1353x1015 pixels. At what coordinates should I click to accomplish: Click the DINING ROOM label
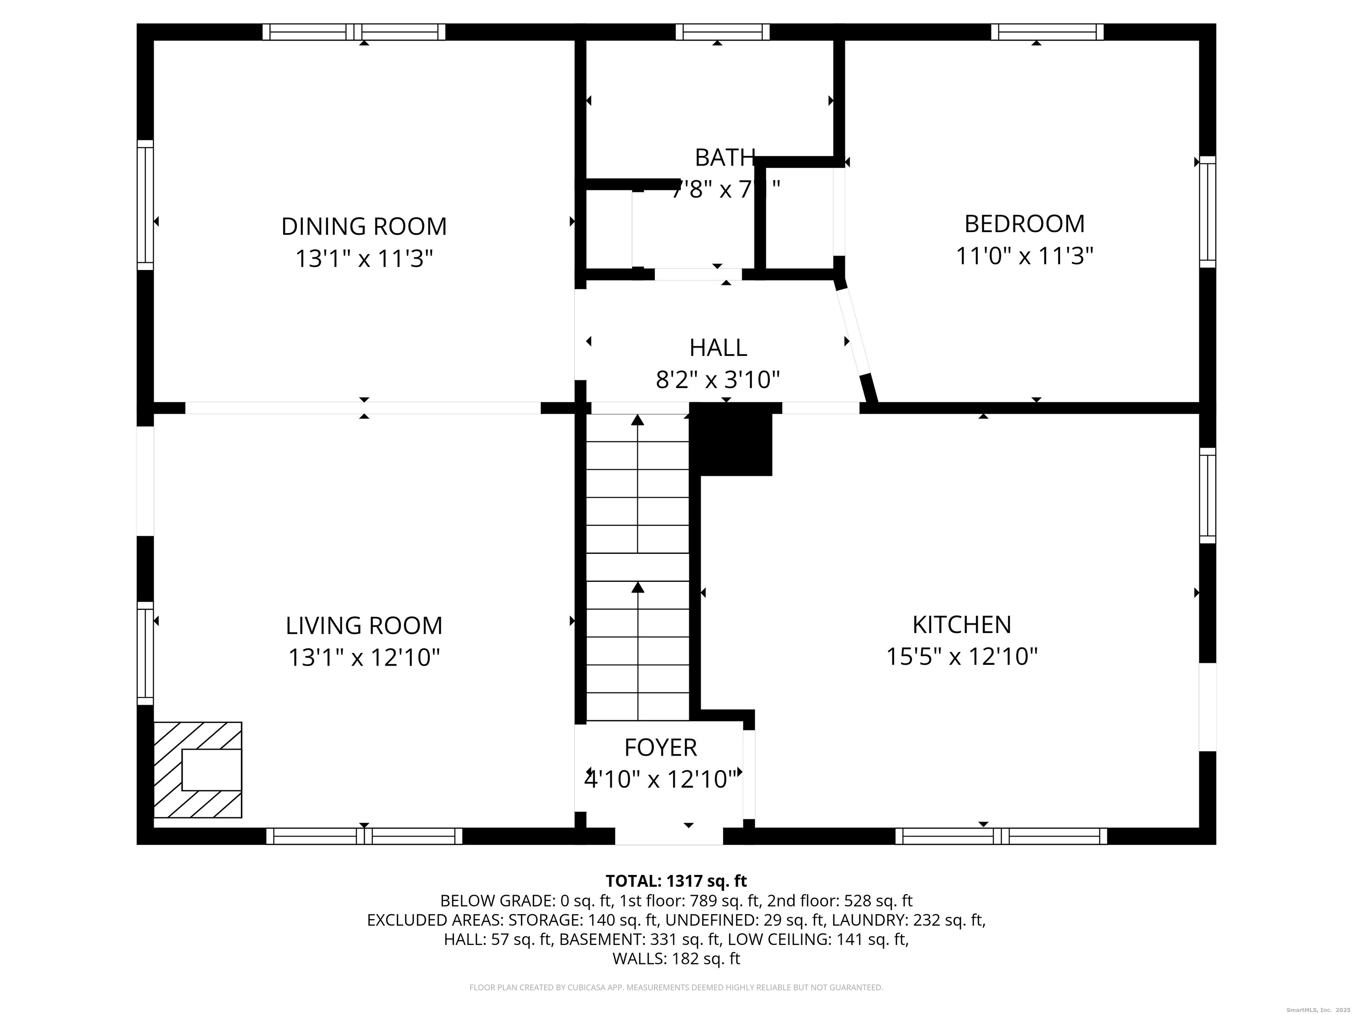coord(364,226)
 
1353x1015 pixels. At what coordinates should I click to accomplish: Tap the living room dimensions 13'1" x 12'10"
coord(364,658)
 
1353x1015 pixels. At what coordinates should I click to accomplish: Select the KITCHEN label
coord(961,625)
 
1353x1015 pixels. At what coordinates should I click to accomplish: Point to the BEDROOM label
coord(1024,224)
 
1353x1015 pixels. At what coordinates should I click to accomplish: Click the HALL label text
coord(718,348)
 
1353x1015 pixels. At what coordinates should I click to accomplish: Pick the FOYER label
coord(660,748)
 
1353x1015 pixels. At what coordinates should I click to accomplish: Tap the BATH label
coord(724,158)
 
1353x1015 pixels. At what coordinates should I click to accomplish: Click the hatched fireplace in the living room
coord(198,770)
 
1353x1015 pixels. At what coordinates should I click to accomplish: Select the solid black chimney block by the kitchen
coord(732,439)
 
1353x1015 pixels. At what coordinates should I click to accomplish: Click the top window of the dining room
coord(354,32)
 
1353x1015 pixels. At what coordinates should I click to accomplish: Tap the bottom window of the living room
coord(364,836)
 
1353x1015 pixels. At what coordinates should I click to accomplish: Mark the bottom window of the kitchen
coord(1001,836)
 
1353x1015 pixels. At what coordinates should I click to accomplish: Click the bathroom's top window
coord(722,32)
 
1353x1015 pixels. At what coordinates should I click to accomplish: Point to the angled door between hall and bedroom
coord(854,333)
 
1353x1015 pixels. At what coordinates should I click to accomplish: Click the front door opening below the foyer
coord(669,836)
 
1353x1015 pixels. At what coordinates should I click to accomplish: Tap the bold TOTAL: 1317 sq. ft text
coord(676,881)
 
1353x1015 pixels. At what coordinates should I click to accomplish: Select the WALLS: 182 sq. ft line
coord(676,959)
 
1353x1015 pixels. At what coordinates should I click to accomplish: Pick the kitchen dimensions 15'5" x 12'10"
coord(961,657)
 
